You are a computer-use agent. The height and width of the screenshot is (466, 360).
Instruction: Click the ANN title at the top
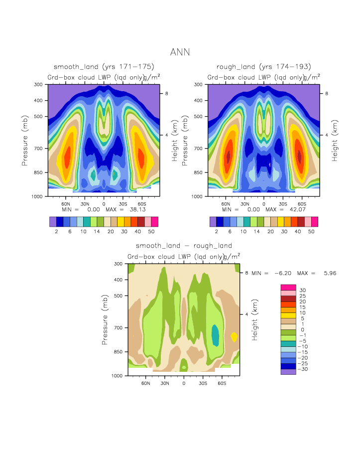pos(180,52)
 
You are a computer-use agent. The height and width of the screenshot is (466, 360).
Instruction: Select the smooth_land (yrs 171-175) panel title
pos(104,66)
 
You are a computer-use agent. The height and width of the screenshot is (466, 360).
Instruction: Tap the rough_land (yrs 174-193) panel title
pos(264,66)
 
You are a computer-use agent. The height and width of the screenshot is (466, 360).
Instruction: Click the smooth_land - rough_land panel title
pos(184,246)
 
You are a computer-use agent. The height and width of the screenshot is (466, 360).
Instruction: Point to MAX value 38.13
pos(130,210)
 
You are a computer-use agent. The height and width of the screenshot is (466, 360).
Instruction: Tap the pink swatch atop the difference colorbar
pos(288,287)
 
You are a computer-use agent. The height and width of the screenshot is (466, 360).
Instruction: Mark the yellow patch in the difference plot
pos(234,336)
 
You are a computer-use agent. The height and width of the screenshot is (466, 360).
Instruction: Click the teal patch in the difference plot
pos(215,335)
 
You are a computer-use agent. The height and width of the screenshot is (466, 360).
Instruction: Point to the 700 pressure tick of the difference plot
pos(119,327)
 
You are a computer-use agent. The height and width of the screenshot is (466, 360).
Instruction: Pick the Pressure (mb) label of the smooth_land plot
pos(24,141)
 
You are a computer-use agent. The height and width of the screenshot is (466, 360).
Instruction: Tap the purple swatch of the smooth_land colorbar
pos(53,222)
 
